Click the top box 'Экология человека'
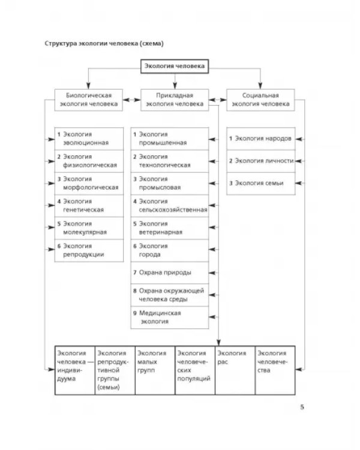coord(175,66)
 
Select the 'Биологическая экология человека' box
coord(89,100)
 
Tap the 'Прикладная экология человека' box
coord(175,100)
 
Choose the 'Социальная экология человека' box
coord(260,100)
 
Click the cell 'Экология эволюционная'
coord(89,139)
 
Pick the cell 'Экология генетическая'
coord(89,206)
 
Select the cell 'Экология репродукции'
coord(89,251)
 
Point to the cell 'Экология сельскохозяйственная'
coord(170,206)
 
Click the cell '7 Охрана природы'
coord(170,272)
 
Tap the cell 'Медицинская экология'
coord(170,317)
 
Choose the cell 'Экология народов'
coord(261,139)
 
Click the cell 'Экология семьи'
coord(261,184)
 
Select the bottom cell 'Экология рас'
coord(235,370)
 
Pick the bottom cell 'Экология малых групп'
coord(155,370)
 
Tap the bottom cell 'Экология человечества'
coord(275,370)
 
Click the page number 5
coord(302,407)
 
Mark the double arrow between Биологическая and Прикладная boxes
coord(132,100)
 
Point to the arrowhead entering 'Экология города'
coord(212,250)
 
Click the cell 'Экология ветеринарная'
coord(170,228)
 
